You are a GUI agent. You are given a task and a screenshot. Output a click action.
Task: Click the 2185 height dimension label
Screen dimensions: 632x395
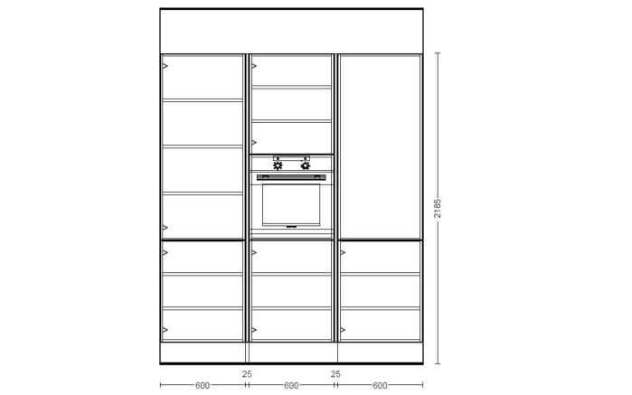coord(438,209)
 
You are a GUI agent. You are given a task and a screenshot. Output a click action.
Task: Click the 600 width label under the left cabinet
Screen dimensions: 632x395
coord(203,386)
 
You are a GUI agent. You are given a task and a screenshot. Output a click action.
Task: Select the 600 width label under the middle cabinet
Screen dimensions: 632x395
coord(291,386)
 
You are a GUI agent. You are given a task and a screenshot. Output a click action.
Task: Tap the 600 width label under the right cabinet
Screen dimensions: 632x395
coord(380,386)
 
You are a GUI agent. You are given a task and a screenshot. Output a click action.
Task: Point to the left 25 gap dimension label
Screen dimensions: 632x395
coord(247,374)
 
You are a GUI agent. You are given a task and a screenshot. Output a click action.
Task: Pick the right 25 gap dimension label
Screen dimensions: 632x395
coord(335,374)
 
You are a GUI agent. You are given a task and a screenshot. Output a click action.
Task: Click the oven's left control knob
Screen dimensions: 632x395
coord(278,165)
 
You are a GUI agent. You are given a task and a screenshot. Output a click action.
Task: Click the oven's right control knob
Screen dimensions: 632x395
coord(306,165)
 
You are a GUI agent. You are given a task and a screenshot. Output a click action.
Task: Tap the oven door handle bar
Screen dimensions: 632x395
coord(291,177)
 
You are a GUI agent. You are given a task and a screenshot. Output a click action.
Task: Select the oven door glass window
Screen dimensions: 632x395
coord(291,205)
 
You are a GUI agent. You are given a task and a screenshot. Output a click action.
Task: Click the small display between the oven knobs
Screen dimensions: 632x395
coord(291,158)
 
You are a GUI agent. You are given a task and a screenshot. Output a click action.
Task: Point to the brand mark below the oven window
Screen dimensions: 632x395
coord(291,227)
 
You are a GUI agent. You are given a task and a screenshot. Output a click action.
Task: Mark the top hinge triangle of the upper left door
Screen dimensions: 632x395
coord(165,66)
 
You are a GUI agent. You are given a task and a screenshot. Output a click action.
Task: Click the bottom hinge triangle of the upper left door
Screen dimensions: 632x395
coord(165,228)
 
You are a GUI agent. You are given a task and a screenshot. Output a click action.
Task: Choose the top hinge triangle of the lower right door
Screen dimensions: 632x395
coord(343,253)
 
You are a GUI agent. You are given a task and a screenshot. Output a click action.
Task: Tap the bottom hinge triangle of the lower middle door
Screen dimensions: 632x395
coord(254,330)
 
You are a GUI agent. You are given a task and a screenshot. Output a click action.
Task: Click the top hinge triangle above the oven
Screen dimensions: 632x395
coord(254,66)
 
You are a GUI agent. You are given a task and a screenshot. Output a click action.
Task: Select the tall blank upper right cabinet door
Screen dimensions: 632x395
coord(380,146)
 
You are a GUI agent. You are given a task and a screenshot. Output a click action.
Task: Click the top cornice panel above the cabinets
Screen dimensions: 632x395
coord(291,31)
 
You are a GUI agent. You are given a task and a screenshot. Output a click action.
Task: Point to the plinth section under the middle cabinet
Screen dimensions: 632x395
coord(294,353)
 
